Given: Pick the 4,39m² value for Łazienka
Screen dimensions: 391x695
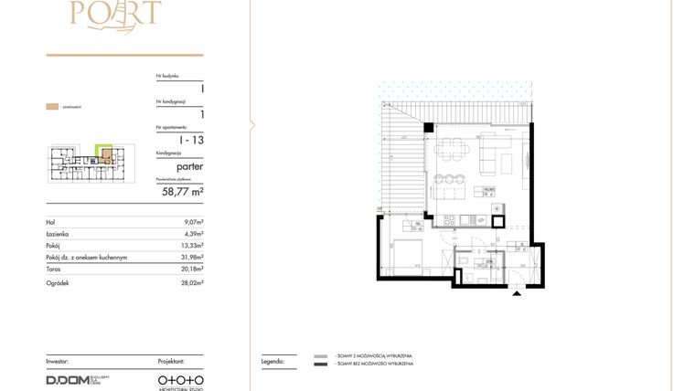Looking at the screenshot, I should coord(193,234).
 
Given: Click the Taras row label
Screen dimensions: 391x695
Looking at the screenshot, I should coord(53,269).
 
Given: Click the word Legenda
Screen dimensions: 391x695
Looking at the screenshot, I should coord(272,362).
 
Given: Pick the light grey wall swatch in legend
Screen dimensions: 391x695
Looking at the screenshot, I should coord(319,355).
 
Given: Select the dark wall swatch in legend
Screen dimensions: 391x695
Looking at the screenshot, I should coord(319,365).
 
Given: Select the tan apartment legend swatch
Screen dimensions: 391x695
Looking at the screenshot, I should coord(52,108).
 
